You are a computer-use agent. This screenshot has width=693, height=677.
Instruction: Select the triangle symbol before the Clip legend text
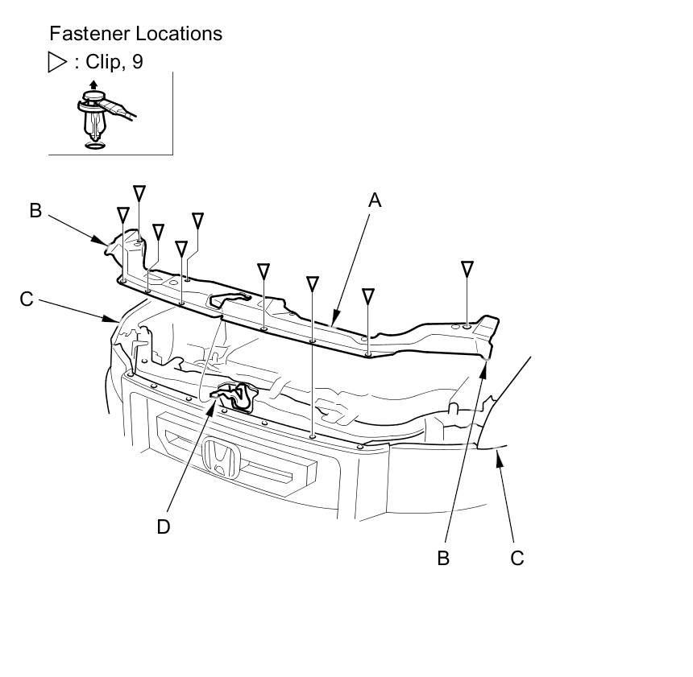(x=57, y=62)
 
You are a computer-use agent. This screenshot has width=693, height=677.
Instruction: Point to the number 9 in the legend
(x=138, y=62)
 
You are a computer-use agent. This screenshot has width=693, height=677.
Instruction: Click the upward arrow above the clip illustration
(x=93, y=85)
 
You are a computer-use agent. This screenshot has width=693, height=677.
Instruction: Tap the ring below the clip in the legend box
(x=94, y=143)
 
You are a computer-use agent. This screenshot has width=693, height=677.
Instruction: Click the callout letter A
(x=374, y=200)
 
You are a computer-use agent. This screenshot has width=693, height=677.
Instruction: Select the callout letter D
(x=164, y=526)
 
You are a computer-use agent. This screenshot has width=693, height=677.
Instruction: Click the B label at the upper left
(x=35, y=211)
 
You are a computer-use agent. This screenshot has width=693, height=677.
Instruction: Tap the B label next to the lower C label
(x=443, y=557)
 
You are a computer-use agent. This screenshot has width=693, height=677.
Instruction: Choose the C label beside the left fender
(x=27, y=299)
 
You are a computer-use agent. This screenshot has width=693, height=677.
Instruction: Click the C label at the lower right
(x=517, y=557)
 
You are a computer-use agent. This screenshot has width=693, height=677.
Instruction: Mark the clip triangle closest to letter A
(x=368, y=296)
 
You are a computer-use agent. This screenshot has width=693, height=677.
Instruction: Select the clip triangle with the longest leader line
(x=313, y=283)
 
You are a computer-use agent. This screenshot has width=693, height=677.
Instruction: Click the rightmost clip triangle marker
(x=467, y=268)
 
